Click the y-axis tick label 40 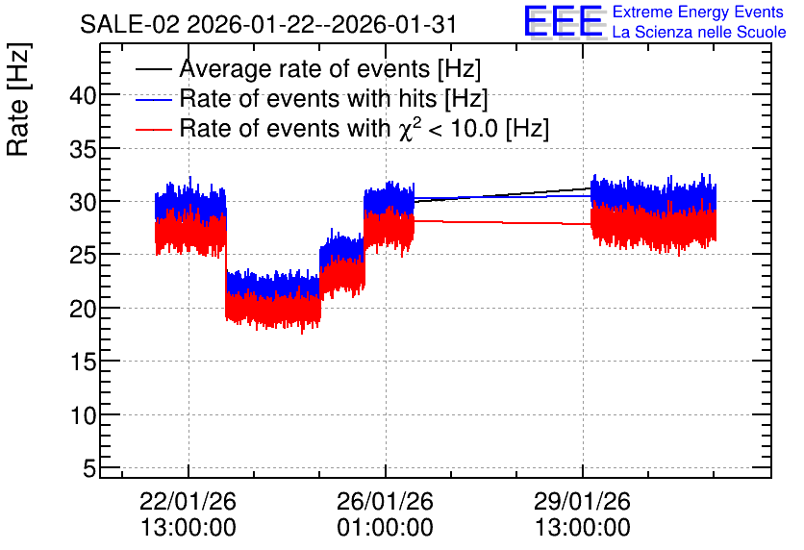pos(83,96)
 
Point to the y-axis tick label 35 pos(83,149)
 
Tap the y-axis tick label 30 pos(83,203)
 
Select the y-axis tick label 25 pos(83,256)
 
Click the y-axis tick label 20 pos(83,309)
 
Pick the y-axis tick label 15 pos(83,362)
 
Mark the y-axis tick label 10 pos(83,415)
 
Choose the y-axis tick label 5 pos(89,468)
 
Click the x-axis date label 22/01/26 pos(188,501)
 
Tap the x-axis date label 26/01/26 pos(385,501)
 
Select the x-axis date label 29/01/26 pos(583,501)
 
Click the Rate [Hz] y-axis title pos(18,99)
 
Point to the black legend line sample pos(153,69)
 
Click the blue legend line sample pos(153,99)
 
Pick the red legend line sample pos(153,129)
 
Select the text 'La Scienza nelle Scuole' pos(699,33)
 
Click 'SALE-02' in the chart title pos(130,24)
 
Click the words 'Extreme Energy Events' pos(698,12)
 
